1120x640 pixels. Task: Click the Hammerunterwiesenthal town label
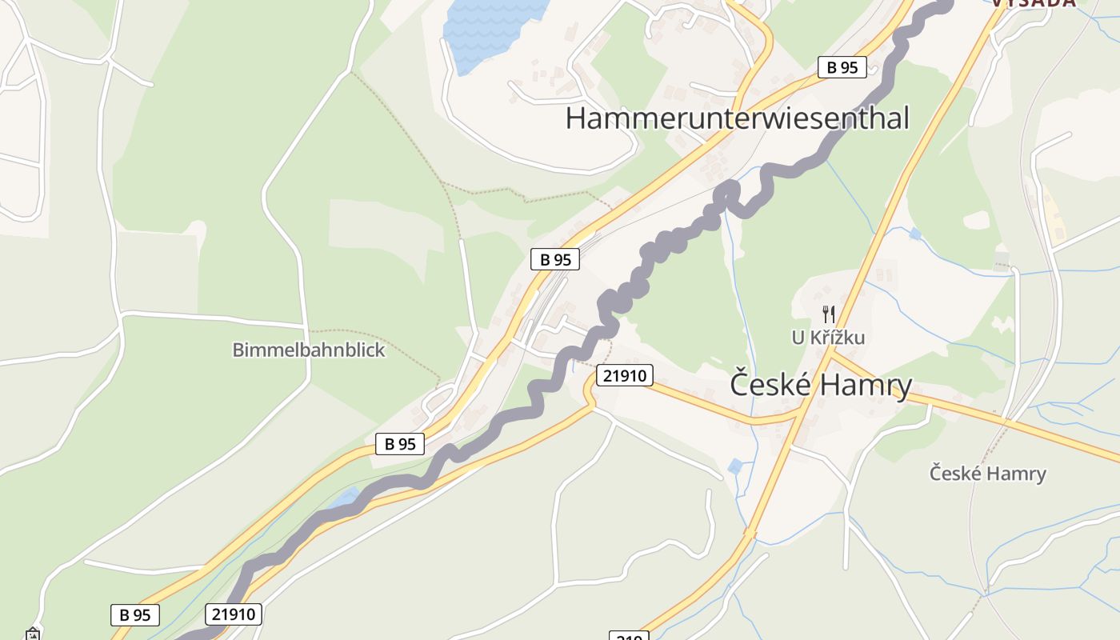pos(737,118)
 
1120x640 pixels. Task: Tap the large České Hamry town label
pos(821,386)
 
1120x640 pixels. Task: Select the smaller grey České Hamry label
pos(987,474)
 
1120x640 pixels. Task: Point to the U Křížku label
pos(828,338)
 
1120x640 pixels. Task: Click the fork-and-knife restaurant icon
pos(828,314)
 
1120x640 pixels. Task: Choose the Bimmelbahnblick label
pos(309,350)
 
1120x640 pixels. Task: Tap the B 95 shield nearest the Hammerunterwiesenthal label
pos(842,67)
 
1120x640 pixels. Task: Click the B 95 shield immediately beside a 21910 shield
pos(135,615)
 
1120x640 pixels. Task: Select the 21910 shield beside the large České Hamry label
pos(624,374)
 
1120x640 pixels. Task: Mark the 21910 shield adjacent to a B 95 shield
pos(234,614)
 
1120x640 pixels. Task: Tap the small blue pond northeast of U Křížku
pos(914,234)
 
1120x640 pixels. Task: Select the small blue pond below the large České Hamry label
pos(735,466)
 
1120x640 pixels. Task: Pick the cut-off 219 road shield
pos(629,636)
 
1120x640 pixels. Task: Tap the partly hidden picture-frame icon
pos(33,635)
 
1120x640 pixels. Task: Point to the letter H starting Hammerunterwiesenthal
pos(575,118)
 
